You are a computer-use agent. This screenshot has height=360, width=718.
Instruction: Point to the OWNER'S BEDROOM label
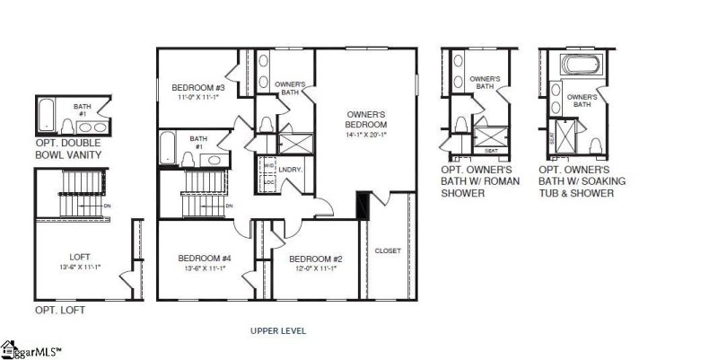(366, 119)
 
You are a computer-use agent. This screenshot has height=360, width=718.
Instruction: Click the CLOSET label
(388, 250)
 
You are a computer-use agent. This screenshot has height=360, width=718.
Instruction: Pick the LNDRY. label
(290, 169)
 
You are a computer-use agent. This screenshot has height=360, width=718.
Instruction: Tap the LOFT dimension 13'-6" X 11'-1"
(74, 268)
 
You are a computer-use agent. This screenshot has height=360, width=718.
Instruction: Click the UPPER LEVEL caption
(278, 330)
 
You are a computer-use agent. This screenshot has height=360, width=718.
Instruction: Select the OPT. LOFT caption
(58, 310)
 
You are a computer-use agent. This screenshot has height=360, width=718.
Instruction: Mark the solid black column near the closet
(363, 206)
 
